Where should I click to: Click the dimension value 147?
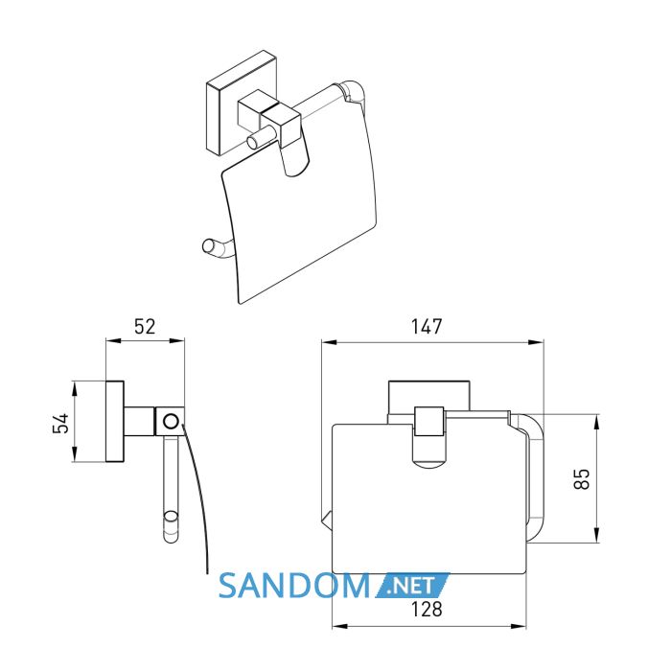pyautogui.click(x=427, y=327)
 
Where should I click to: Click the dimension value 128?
pyautogui.click(x=427, y=609)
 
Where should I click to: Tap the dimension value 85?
pyautogui.click(x=582, y=479)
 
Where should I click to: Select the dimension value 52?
pyautogui.click(x=145, y=327)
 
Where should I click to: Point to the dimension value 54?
pyautogui.click(x=60, y=424)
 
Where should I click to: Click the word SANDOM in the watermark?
pyautogui.click(x=294, y=586)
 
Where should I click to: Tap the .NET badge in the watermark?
pyautogui.click(x=413, y=586)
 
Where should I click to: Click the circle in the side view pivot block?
pyautogui.click(x=172, y=421)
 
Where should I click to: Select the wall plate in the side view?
pyautogui.click(x=115, y=422)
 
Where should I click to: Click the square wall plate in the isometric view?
pyautogui.click(x=243, y=103)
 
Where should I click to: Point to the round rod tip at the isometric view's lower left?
pyautogui.click(x=208, y=247)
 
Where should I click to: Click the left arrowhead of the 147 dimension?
pyautogui.click(x=329, y=342)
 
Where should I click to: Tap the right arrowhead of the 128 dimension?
pyautogui.click(x=519, y=627)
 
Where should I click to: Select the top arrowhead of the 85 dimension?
pyautogui.click(x=597, y=421)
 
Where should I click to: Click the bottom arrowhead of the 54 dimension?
pyautogui.click(x=75, y=454)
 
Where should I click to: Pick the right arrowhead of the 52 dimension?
pyautogui.click(x=177, y=340)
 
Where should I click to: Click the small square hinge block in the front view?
pyautogui.click(x=429, y=421)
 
